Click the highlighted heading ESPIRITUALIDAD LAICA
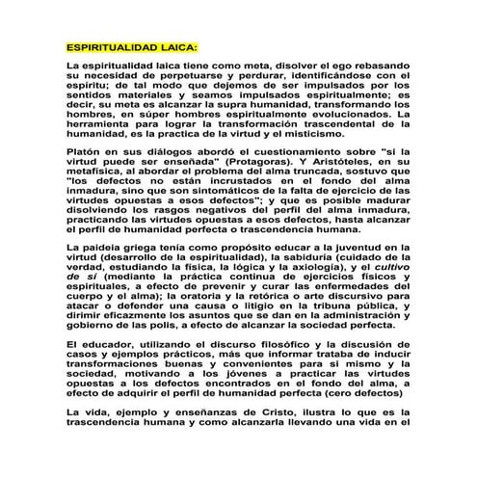[130, 46]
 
